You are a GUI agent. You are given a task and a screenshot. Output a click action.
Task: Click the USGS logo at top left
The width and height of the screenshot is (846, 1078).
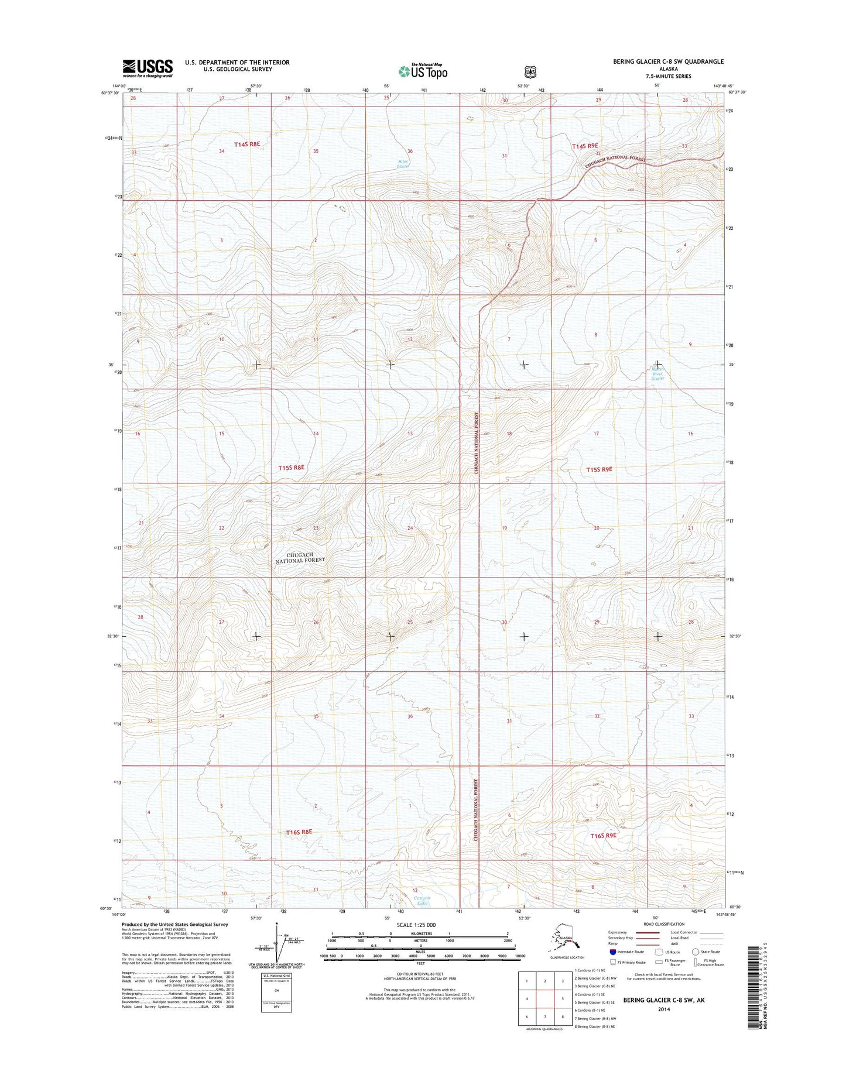(x=148, y=68)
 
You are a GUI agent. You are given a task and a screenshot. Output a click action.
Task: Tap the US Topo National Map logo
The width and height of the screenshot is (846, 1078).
(x=423, y=71)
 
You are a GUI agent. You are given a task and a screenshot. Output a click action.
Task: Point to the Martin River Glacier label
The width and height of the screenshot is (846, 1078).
(x=658, y=373)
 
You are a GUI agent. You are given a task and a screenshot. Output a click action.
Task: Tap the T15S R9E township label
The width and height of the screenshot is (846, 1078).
(x=599, y=469)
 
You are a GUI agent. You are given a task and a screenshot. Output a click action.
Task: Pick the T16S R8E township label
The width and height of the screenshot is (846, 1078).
(x=299, y=832)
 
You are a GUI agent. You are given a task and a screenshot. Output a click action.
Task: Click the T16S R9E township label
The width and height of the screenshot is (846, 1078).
(x=604, y=836)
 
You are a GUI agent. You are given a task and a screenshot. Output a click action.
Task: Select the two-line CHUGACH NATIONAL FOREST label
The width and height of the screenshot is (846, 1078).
(x=300, y=557)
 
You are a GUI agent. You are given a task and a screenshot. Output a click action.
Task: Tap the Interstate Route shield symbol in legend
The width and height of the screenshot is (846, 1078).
(x=613, y=952)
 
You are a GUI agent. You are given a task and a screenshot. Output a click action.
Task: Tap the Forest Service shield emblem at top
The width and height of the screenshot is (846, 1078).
(x=530, y=72)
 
